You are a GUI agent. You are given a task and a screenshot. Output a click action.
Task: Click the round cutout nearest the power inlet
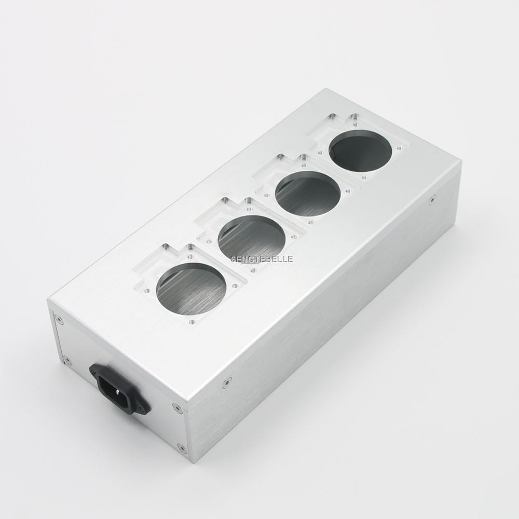[x=191, y=291]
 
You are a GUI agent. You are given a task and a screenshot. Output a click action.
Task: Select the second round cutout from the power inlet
[x=252, y=239]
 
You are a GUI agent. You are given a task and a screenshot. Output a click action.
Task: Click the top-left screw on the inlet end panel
[x=61, y=320]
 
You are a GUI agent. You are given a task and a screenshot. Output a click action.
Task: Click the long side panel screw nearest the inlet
[x=226, y=384]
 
